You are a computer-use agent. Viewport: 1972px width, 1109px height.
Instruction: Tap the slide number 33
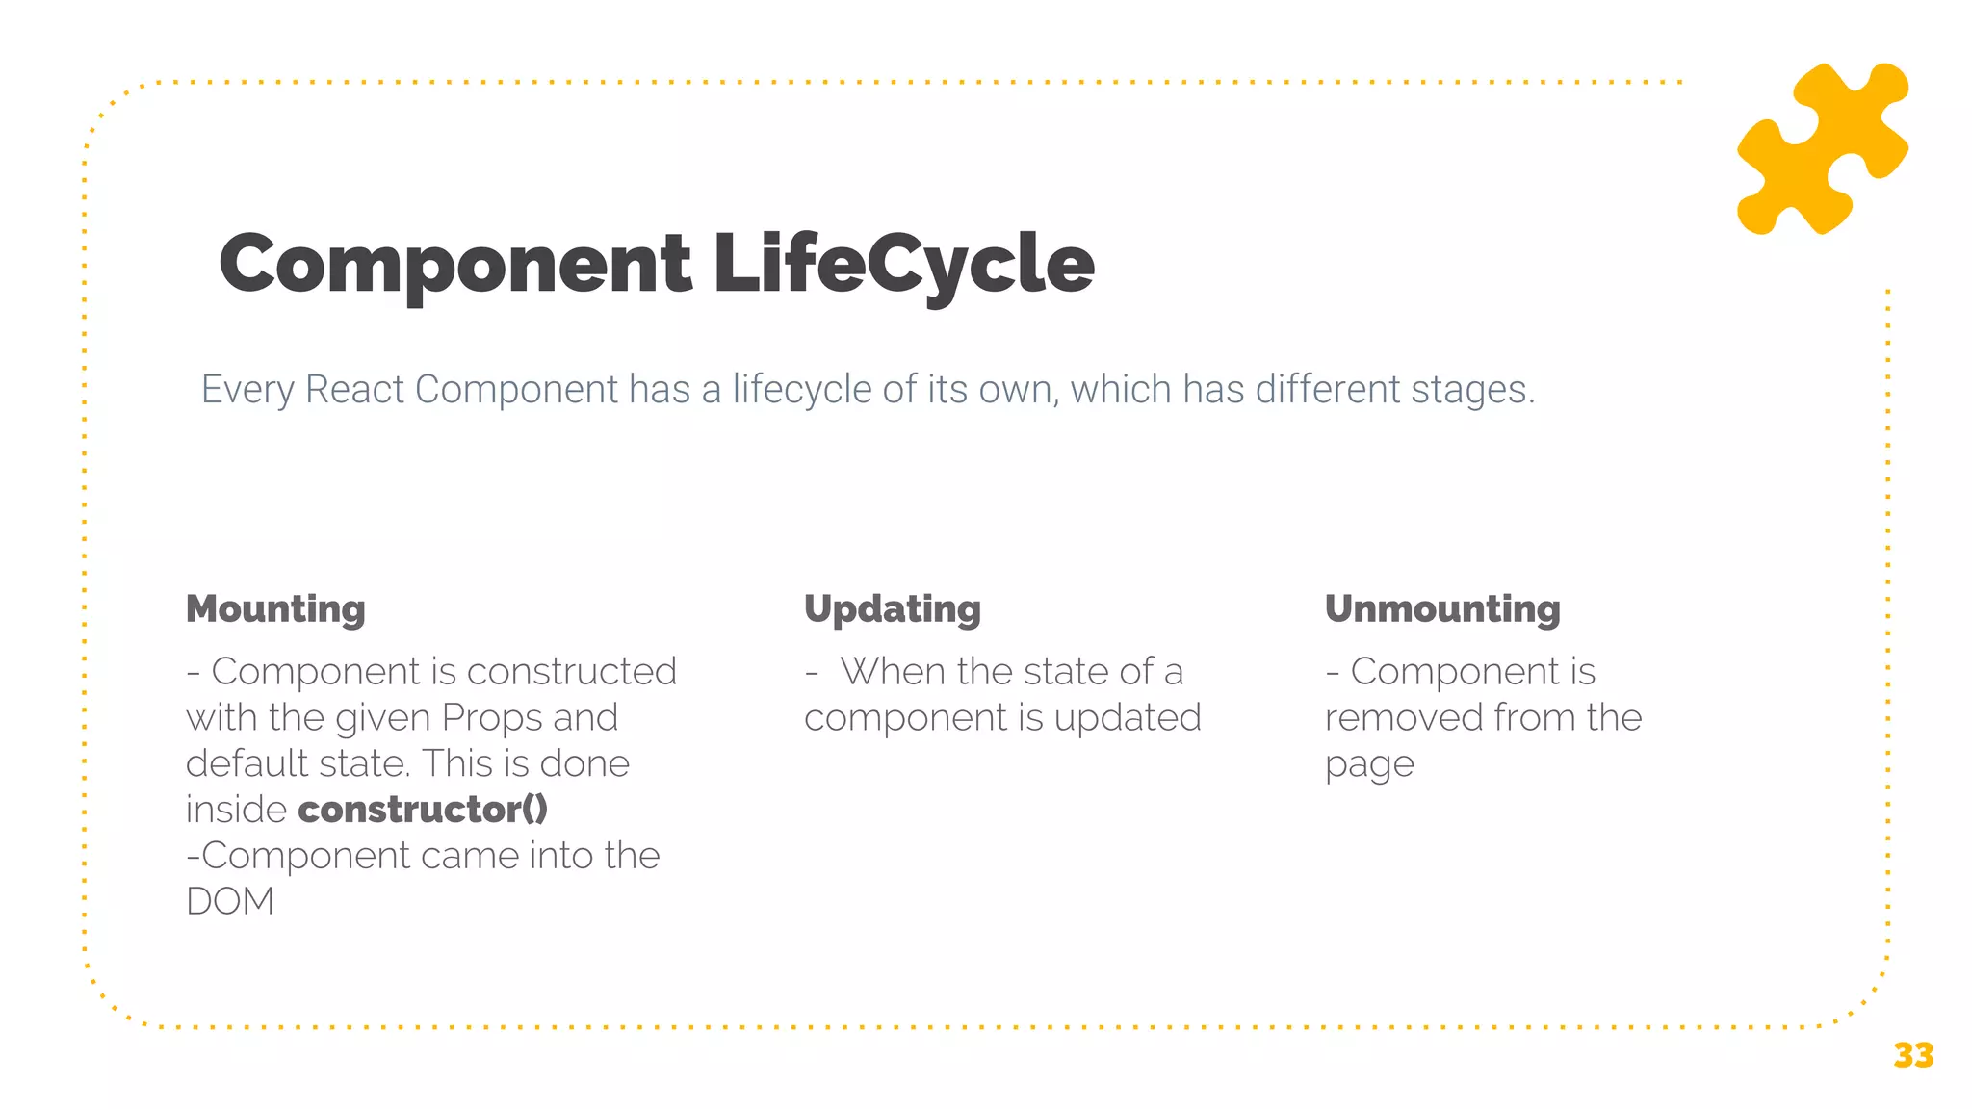tap(1912, 1056)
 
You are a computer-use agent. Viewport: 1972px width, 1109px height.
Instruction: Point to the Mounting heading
tap(275, 609)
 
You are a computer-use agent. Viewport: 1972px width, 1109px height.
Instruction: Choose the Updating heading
tap(893, 609)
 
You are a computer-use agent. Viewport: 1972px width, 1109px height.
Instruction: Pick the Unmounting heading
tap(1442, 609)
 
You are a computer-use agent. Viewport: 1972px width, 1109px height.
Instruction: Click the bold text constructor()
tap(423, 810)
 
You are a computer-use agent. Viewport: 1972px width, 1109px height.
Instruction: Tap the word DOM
tap(230, 902)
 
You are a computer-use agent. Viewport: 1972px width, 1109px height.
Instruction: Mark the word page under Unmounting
tap(1369, 765)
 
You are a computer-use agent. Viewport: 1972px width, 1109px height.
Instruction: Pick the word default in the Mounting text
tap(246, 764)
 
